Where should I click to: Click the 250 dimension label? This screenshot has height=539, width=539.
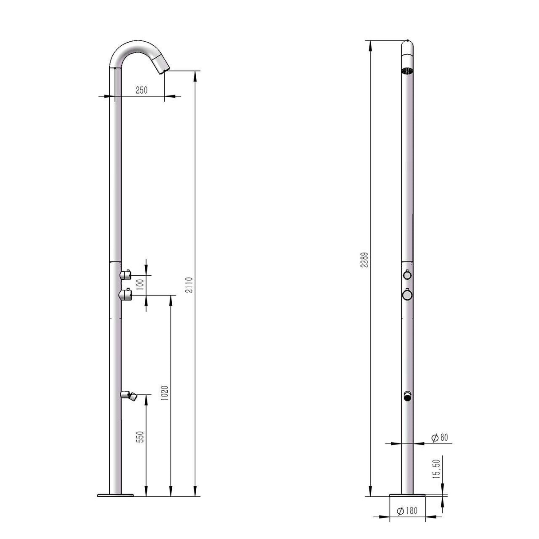coord(141,90)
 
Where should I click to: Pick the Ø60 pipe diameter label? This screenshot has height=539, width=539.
coord(440,437)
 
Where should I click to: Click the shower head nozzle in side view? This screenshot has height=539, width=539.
coord(162,64)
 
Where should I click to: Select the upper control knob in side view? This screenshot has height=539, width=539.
coord(126,274)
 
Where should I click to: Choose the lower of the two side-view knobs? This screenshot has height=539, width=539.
coord(126,294)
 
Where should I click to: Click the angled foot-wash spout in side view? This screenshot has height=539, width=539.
coord(130,394)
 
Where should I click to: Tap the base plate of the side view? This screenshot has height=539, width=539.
coord(115,494)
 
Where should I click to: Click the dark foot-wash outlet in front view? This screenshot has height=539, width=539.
coord(407,396)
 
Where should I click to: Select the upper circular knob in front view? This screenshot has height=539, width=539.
coord(407,275)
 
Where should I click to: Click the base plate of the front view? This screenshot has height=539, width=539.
coord(407,495)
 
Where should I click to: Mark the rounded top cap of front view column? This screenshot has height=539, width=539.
coord(407,46)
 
